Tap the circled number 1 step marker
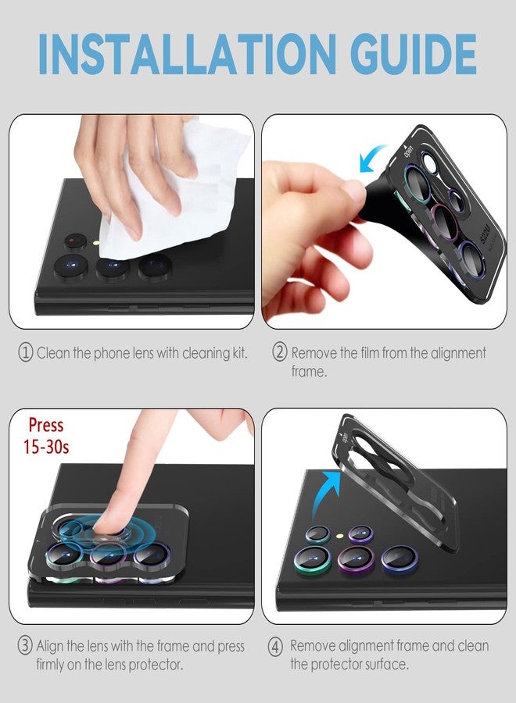pos(26,353)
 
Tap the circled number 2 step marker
pos(279,352)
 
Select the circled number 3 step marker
pos(25,647)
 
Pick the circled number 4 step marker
pos(274,646)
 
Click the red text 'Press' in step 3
pos(46,426)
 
